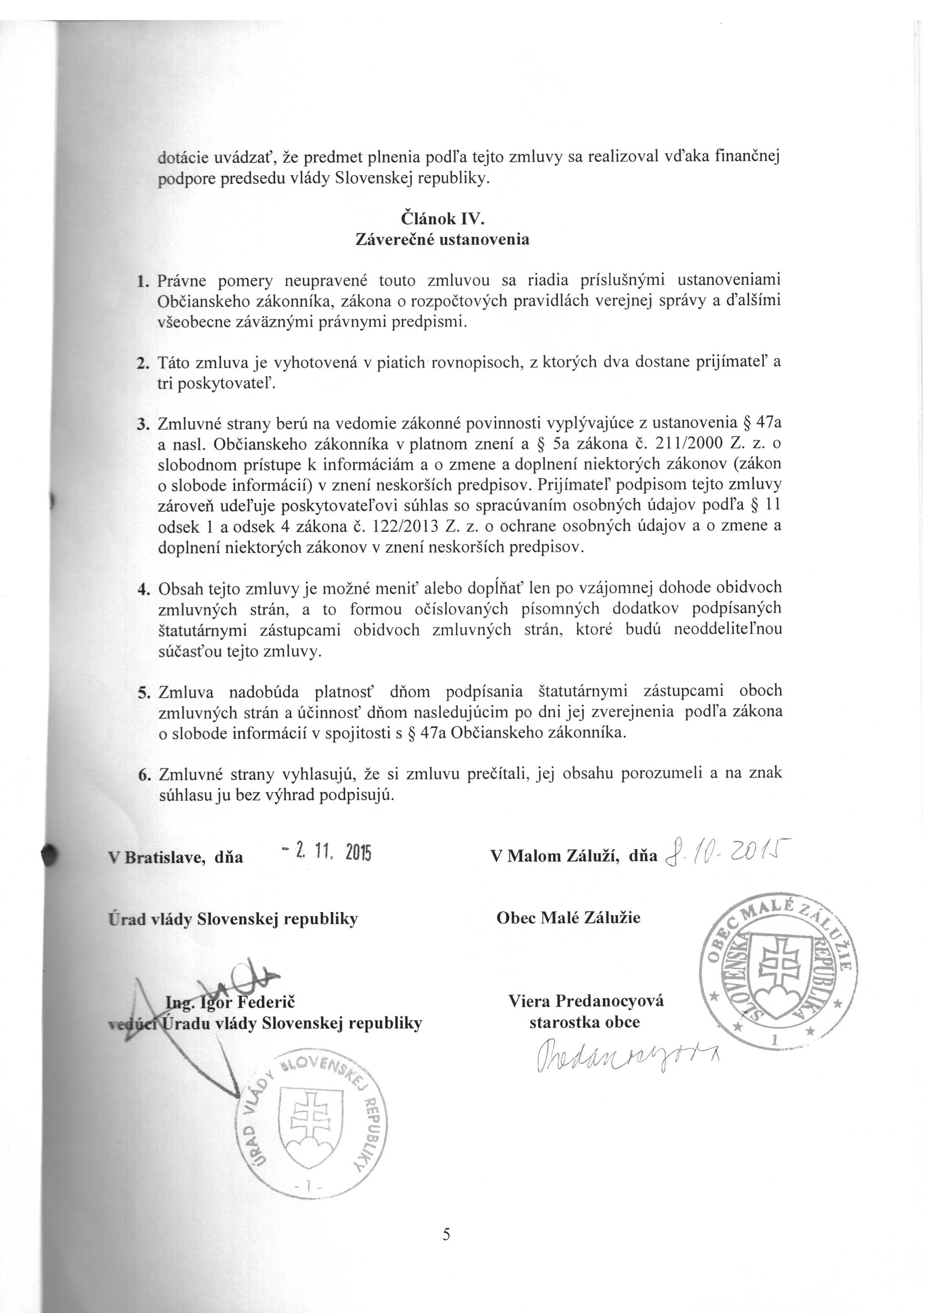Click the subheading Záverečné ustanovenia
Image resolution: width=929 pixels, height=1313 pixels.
(442, 239)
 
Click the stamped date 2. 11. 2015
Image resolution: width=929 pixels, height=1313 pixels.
(327, 853)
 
